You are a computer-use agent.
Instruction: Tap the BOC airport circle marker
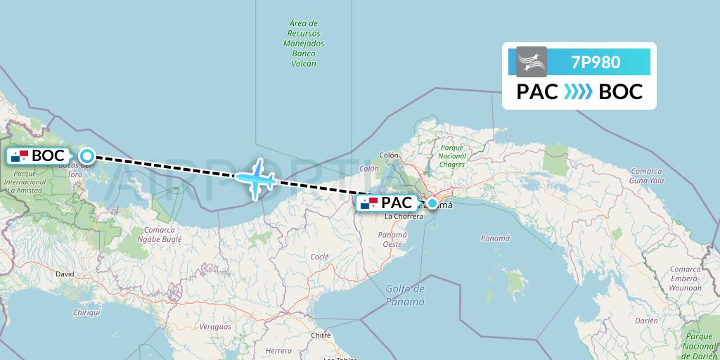(86, 156)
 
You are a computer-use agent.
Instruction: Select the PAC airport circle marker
(432, 204)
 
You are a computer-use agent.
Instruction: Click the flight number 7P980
(596, 62)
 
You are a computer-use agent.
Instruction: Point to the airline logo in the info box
(532, 62)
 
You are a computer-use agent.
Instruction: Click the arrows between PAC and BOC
(578, 91)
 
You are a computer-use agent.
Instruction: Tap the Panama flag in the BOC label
(20, 156)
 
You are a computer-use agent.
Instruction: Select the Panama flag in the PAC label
(369, 204)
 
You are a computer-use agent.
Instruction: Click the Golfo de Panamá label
(405, 295)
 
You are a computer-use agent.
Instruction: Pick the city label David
(65, 274)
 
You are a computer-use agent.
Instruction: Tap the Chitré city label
(321, 335)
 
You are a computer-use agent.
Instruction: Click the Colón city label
(389, 155)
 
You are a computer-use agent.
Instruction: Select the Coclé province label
(319, 257)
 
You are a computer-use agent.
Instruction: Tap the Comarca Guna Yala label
(647, 176)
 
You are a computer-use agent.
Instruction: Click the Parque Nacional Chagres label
(451, 155)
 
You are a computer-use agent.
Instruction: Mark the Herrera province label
(279, 350)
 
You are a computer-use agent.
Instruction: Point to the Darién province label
(645, 320)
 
